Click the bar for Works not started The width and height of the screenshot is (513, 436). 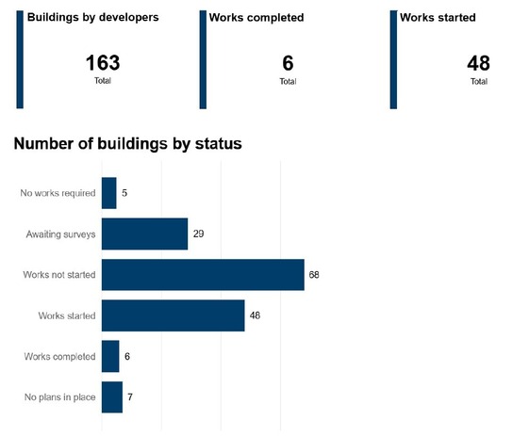point(203,274)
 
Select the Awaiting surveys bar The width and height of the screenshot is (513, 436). point(144,234)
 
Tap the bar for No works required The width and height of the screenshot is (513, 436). point(108,193)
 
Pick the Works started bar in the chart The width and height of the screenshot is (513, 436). point(173,315)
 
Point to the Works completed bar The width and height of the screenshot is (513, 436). point(110,356)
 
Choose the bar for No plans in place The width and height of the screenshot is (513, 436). point(111,396)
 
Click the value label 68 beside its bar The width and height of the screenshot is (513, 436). point(313,274)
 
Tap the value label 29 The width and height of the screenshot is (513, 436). point(197,234)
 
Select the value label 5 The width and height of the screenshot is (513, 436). point(124,193)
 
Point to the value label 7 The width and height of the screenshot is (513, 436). point(130,396)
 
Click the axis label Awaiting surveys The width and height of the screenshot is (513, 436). point(60,234)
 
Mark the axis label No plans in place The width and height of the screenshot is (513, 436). point(60,397)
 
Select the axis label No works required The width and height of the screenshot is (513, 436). point(58,194)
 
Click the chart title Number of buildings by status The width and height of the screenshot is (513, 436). point(127,145)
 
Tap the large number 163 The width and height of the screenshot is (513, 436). point(103,64)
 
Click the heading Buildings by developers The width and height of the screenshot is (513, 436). point(92,17)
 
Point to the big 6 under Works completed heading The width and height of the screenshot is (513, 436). point(288,64)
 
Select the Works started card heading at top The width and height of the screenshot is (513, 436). point(438,17)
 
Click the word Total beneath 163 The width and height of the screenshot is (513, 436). point(103,82)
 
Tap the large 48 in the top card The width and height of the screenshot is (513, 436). point(478,64)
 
